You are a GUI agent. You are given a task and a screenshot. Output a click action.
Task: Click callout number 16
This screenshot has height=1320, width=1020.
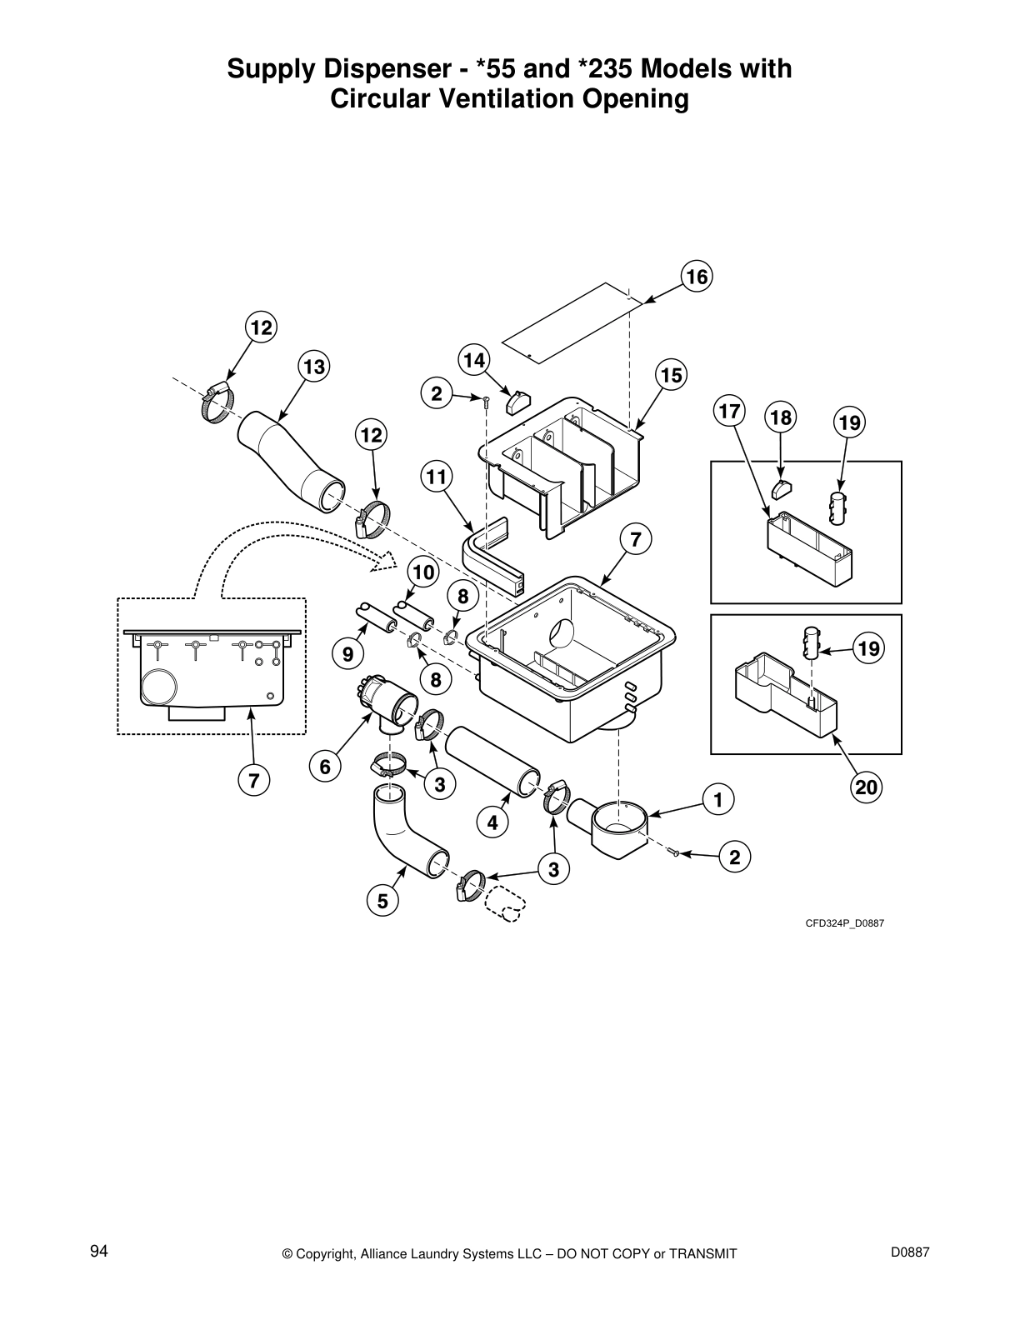(697, 277)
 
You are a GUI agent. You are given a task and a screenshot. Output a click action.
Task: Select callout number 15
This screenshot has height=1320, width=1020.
(671, 375)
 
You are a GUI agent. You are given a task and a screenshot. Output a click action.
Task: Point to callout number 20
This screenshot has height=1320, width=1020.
(867, 787)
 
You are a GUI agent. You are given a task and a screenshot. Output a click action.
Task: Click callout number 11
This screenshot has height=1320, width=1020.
(436, 477)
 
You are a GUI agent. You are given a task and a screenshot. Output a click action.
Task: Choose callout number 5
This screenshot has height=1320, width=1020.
(382, 900)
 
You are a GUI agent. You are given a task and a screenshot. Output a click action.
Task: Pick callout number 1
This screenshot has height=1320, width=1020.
(717, 799)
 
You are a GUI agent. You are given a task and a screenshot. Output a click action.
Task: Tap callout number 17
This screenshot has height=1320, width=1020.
(729, 411)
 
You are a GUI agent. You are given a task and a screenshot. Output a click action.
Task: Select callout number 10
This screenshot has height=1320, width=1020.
(423, 572)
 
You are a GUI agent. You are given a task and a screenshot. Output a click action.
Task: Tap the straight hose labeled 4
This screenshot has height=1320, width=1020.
(491, 761)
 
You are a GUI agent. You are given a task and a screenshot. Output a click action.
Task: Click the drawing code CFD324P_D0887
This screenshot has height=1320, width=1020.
(843, 922)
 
